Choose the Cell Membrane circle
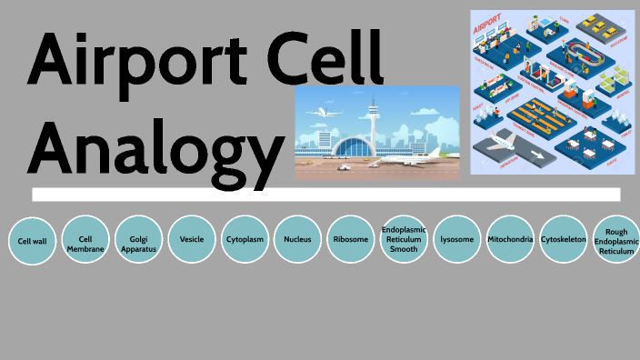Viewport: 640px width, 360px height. coord(85,241)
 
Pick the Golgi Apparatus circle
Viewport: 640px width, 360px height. coord(138,241)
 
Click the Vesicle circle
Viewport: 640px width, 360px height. coord(192,240)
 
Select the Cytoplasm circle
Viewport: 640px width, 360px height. coord(245,240)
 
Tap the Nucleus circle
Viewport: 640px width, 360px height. coord(297,240)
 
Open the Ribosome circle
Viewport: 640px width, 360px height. coord(351,240)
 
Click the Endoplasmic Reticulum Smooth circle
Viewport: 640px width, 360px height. coord(404,240)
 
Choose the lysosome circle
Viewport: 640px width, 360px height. coord(456,240)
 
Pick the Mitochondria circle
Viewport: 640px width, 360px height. coord(510,240)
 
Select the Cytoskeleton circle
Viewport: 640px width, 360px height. coord(563,240)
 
